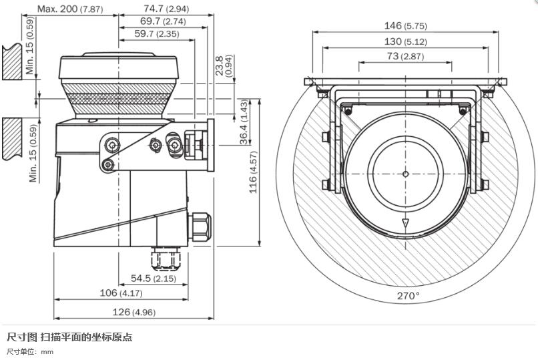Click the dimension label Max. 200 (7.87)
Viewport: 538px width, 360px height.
pyautogui.click(x=70, y=9)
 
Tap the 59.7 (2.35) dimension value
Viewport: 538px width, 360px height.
pyautogui.click(x=156, y=33)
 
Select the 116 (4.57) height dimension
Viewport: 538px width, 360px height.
pyautogui.click(x=254, y=172)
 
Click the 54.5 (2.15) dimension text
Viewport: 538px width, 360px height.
pyautogui.click(x=153, y=278)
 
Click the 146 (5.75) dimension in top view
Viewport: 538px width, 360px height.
pyautogui.click(x=405, y=25)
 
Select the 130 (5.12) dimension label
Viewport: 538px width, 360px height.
pyautogui.click(x=405, y=41)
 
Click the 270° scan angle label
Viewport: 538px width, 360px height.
pyautogui.click(x=409, y=295)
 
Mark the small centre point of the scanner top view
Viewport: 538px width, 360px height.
pyautogui.click(x=405, y=174)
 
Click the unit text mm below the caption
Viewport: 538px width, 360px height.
pyautogui.click(x=47, y=351)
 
